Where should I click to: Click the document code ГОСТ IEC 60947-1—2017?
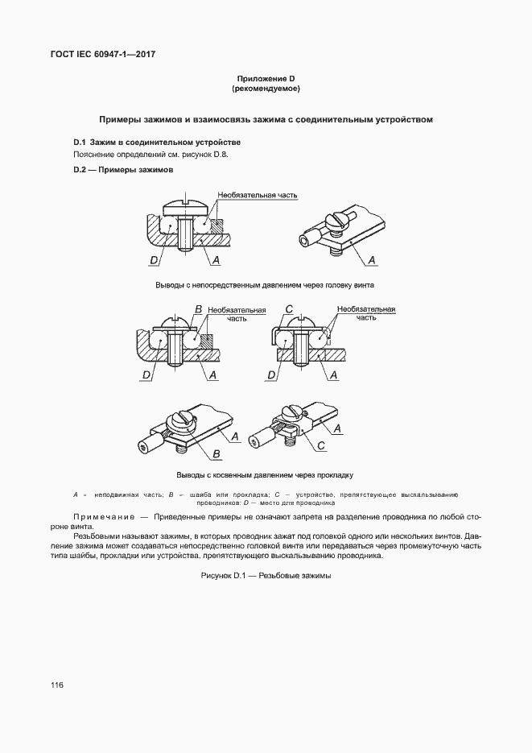pyautogui.click(x=103, y=54)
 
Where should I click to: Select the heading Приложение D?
pyautogui.click(x=266, y=78)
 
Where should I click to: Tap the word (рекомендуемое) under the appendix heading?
pyautogui.click(x=266, y=88)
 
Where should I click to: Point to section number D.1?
pyautogui.click(x=80, y=142)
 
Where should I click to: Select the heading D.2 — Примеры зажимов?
pyautogui.click(x=123, y=170)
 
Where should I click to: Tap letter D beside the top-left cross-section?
pyautogui.click(x=153, y=260)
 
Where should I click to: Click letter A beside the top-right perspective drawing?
pyautogui.click(x=372, y=259)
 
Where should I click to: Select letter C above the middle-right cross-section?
pyautogui.click(x=291, y=309)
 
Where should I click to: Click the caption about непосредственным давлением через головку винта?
pyautogui.click(x=266, y=285)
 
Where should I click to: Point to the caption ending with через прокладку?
pyautogui.click(x=266, y=475)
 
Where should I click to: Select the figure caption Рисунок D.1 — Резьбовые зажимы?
pyautogui.click(x=266, y=575)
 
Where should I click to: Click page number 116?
pyautogui.click(x=56, y=685)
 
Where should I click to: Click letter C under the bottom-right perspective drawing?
pyautogui.click(x=320, y=445)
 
